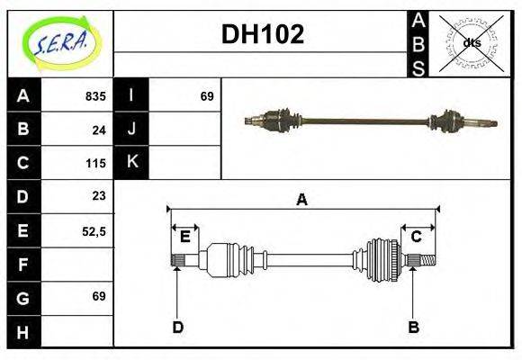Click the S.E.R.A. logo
(x=60, y=41)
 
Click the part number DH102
(x=263, y=35)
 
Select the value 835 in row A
(x=95, y=96)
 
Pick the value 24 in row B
(x=99, y=130)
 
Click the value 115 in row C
(x=95, y=163)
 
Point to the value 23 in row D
(x=99, y=195)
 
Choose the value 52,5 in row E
(x=94, y=230)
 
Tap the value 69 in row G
(x=99, y=296)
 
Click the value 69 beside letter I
(x=206, y=96)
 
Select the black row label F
(x=24, y=265)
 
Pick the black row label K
(x=132, y=162)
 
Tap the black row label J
(x=132, y=129)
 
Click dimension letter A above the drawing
(x=302, y=200)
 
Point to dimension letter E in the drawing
(x=185, y=237)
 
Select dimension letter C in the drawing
(x=418, y=237)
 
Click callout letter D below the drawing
(x=177, y=327)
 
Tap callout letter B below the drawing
(x=414, y=327)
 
